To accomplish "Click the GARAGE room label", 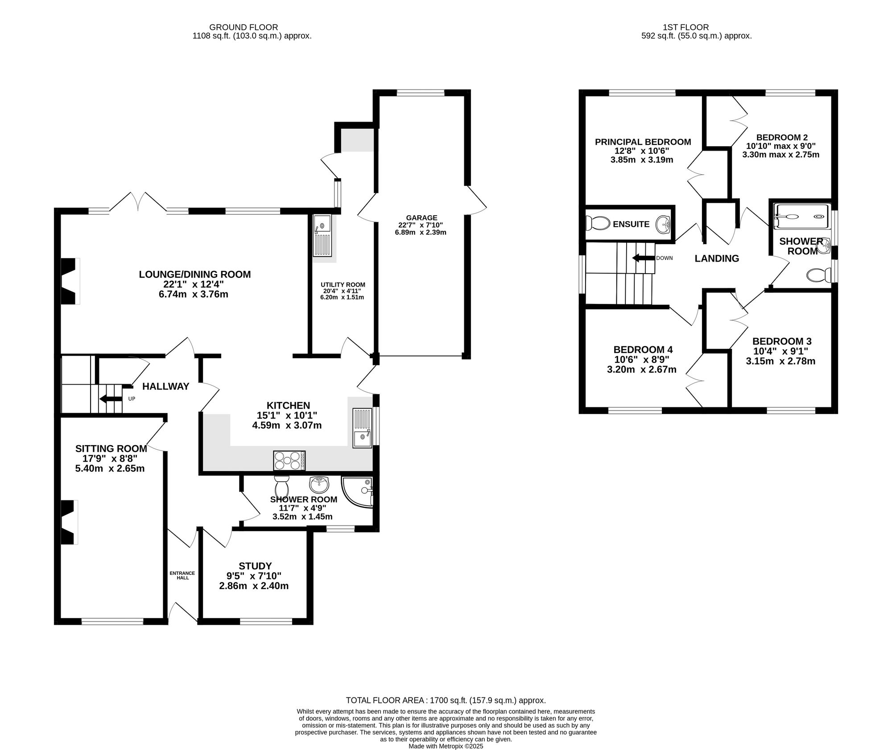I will tap(421, 218).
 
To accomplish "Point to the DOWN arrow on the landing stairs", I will tap(643, 258).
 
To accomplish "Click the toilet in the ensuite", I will tap(598, 223).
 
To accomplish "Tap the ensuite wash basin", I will tap(663, 224).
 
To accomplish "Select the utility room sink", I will tap(322, 236).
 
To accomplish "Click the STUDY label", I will tap(255, 566).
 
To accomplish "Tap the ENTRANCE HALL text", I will tap(182, 575).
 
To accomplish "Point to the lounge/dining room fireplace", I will tap(70, 281).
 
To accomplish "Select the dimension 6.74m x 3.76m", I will tap(195, 294).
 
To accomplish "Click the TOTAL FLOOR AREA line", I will tap(446, 700).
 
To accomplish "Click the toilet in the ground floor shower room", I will tap(281, 486).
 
